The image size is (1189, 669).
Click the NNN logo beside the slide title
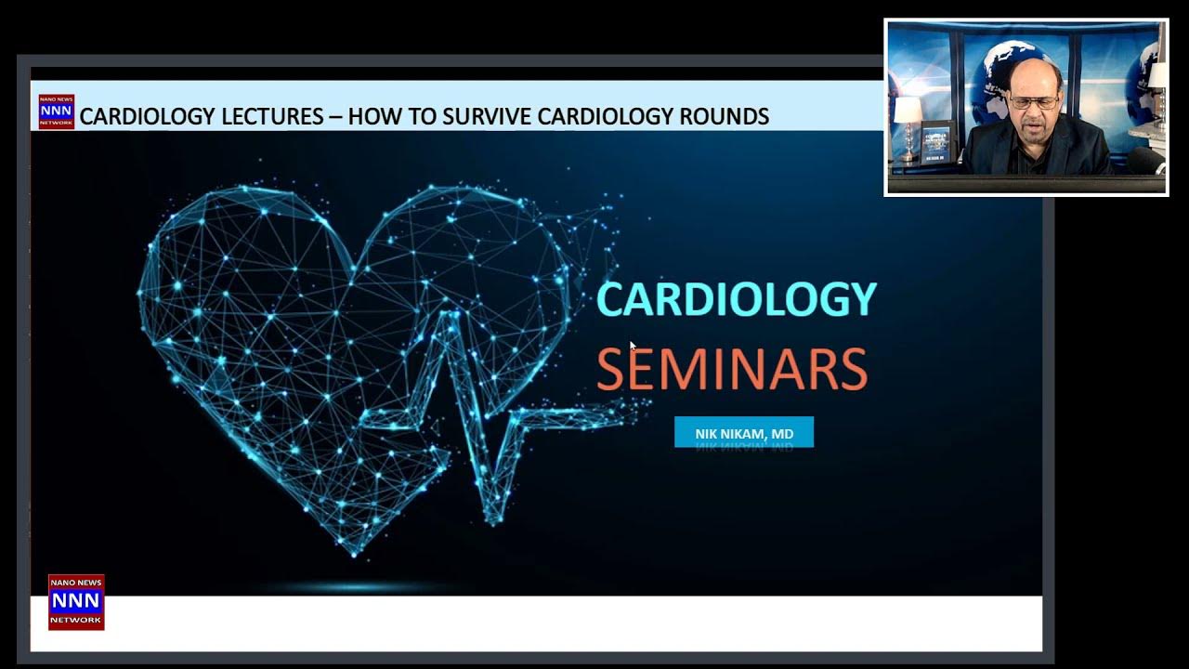[x=56, y=111]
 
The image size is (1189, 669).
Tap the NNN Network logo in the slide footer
[x=76, y=601]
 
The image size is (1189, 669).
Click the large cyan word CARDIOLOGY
[x=736, y=299]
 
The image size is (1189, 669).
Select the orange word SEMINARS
[x=732, y=369]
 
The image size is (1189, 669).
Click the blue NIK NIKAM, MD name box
[x=743, y=432]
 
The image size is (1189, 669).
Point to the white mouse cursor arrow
[x=633, y=346]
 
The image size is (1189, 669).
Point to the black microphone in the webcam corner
[x=1148, y=160]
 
